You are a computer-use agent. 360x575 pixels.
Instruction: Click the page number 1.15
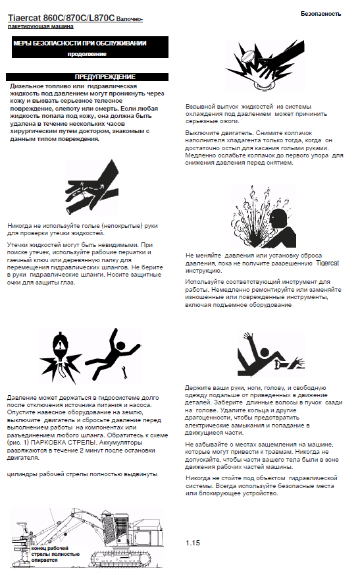tap(192, 543)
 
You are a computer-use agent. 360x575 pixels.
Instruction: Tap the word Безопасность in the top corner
tap(321, 14)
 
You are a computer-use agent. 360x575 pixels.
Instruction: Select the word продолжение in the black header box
tap(87, 54)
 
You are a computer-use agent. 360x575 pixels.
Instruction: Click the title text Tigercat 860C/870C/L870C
tap(61, 18)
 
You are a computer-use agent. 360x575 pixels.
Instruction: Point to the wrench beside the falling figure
tap(124, 372)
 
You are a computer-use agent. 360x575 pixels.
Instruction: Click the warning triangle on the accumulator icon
tap(59, 344)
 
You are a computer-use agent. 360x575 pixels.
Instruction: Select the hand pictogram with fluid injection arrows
tap(91, 187)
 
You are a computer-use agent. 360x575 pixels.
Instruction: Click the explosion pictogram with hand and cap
tap(265, 65)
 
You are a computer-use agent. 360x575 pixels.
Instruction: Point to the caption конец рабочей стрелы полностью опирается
tap(55, 554)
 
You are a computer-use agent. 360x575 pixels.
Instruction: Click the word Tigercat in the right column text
tap(327, 263)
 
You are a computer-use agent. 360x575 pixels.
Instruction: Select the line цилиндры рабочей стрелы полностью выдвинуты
tap(82, 474)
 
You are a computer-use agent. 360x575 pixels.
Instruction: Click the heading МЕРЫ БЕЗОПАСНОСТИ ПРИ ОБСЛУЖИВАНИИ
tap(80, 43)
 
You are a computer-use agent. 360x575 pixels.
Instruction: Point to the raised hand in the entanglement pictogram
tap(249, 337)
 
